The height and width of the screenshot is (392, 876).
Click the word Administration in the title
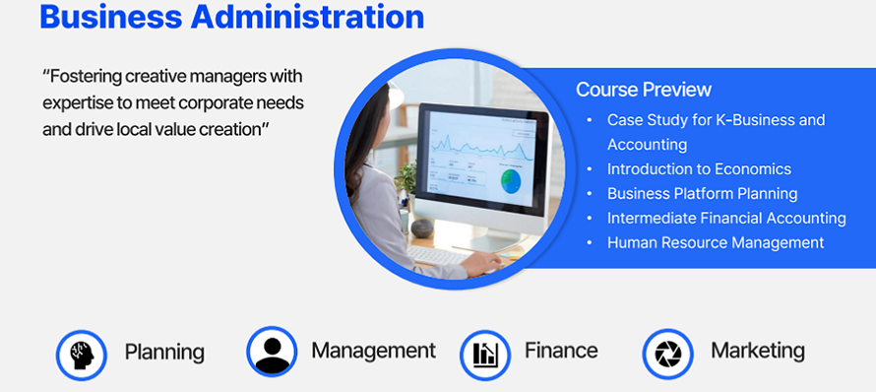click(x=307, y=16)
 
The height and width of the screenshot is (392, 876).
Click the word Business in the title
click(x=110, y=16)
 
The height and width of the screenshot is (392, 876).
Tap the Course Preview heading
click(x=644, y=90)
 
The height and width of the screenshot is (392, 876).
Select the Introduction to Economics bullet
click(x=699, y=168)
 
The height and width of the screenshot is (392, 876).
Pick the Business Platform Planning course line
click(x=702, y=194)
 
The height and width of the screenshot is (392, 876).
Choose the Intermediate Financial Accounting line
click(x=726, y=218)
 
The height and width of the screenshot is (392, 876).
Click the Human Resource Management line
click(x=716, y=242)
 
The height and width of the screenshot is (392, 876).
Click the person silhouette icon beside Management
click(x=272, y=353)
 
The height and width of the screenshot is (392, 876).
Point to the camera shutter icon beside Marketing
click(x=667, y=354)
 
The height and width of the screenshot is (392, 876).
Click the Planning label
click(x=164, y=353)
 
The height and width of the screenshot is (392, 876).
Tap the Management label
click(x=373, y=351)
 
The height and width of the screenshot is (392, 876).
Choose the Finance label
click(x=561, y=351)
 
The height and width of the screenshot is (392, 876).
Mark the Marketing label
click(x=758, y=352)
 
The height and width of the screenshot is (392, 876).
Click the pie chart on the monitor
click(x=511, y=181)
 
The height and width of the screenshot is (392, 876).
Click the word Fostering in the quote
click(x=82, y=77)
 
